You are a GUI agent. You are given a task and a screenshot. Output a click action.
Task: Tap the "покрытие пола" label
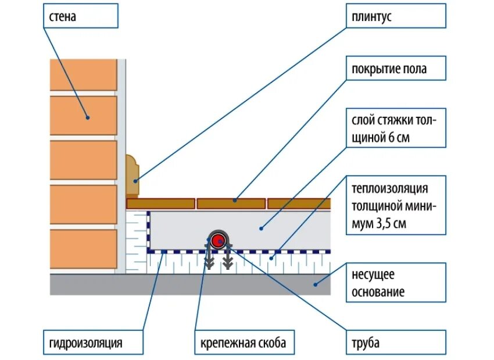(x=396, y=69)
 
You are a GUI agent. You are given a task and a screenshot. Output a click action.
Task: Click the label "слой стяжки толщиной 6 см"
(x=396, y=129)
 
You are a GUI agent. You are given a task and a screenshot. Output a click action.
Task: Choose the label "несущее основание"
(x=396, y=283)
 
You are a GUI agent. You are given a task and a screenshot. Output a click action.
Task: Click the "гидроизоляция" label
(x=93, y=343)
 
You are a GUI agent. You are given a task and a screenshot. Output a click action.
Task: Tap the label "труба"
(x=396, y=343)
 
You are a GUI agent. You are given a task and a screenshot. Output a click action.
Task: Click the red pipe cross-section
(x=219, y=239)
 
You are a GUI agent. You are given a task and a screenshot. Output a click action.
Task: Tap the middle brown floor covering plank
(x=231, y=203)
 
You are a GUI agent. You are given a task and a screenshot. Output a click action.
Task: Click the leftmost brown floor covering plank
(x=161, y=203)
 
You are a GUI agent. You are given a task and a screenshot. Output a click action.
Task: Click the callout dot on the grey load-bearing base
(x=316, y=284)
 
